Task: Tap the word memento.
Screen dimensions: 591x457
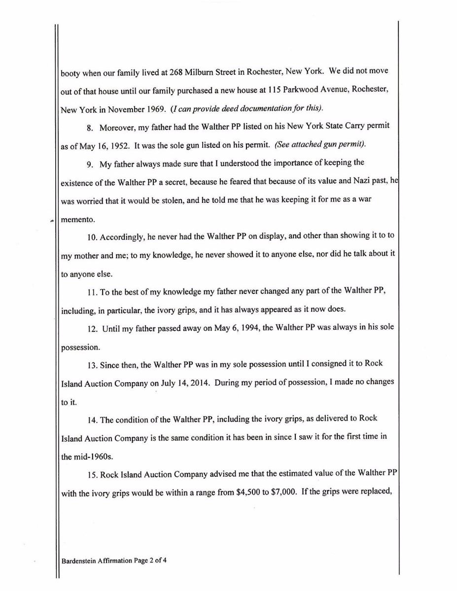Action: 78,220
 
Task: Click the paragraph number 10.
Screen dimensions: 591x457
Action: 93,237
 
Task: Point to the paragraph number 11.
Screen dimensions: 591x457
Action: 92,292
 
